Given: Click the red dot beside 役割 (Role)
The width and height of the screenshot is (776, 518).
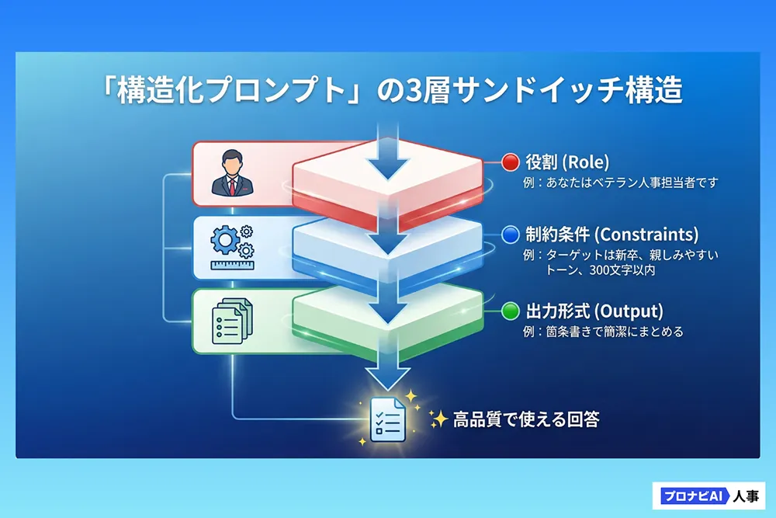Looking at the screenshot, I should point(510,162).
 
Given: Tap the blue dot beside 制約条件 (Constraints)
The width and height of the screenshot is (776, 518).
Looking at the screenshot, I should point(510,235).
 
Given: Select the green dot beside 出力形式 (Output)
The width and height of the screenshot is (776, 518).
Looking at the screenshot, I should point(510,311).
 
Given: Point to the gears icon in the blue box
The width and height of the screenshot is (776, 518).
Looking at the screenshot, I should point(230,240).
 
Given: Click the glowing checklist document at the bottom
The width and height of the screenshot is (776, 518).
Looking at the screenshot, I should point(387,419).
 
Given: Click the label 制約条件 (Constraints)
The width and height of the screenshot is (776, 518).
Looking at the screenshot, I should point(611,235).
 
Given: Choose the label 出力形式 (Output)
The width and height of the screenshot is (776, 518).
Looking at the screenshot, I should point(594,311).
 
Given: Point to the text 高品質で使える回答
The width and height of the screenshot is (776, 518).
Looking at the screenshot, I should point(525,419).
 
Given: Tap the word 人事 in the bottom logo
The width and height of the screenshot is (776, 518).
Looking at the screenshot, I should point(746,495).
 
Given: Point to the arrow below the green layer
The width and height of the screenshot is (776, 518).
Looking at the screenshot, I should point(386,374).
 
